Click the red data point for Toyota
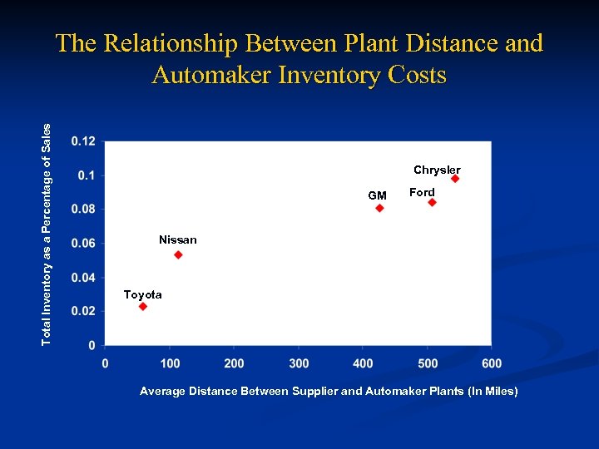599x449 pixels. tap(142, 307)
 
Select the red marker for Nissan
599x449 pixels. tap(178, 254)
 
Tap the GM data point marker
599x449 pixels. tap(379, 208)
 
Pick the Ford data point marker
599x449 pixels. tap(432, 202)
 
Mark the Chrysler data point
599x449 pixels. tap(455, 179)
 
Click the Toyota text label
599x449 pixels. tap(142, 294)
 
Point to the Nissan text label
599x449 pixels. tap(178, 239)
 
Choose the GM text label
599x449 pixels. tap(377, 195)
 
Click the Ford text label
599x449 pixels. tap(422, 192)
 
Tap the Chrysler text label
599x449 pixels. tap(437, 170)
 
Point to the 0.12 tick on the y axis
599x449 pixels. tap(83, 141)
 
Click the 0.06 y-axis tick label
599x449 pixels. tap(83, 243)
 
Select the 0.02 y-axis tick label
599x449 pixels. tap(83, 311)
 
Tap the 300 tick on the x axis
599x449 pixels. tap(299, 363)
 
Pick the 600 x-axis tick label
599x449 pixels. tap(492, 363)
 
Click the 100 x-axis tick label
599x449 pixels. tap(170, 363)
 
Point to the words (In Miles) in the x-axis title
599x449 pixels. tap(491, 391)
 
